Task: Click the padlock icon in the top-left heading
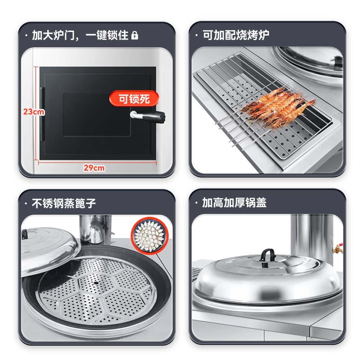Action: [x=135, y=35]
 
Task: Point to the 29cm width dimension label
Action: [x=94, y=168]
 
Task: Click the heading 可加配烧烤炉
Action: [x=236, y=35]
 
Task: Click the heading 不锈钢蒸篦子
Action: [x=63, y=202]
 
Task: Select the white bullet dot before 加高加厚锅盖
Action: [x=197, y=203]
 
